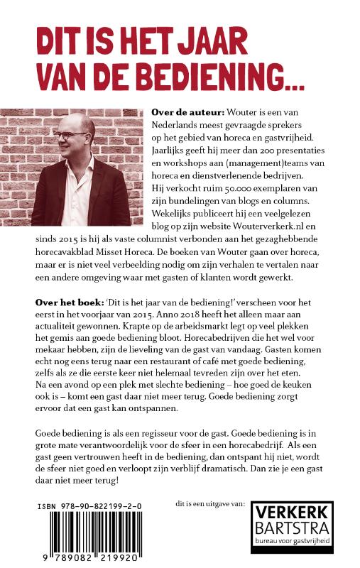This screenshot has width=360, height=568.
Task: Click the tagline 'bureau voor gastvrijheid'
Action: click(x=293, y=541)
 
